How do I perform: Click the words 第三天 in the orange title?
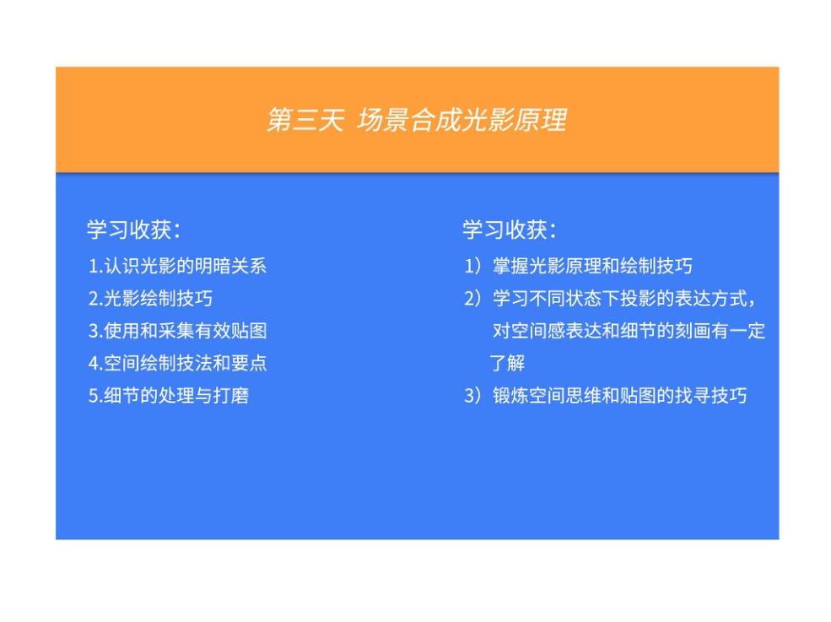(x=305, y=120)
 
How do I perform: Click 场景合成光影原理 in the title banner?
(x=462, y=120)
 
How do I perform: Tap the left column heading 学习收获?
(x=134, y=230)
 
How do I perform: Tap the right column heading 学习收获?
(x=510, y=230)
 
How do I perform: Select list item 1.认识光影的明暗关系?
(x=177, y=266)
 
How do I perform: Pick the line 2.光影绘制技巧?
(x=150, y=298)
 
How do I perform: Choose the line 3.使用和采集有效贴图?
(x=177, y=330)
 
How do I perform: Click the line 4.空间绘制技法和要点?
(x=177, y=363)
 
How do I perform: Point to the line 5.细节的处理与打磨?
(x=169, y=395)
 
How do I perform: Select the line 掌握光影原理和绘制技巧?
(x=592, y=266)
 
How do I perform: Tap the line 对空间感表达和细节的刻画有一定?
(x=629, y=330)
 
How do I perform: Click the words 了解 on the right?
(x=507, y=363)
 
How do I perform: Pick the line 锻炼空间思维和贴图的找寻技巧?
(x=619, y=395)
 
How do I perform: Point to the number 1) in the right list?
(x=472, y=266)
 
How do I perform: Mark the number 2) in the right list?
(x=472, y=298)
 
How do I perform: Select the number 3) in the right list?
(x=472, y=395)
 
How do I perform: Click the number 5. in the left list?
(x=95, y=396)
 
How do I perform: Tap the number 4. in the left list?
(x=95, y=363)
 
